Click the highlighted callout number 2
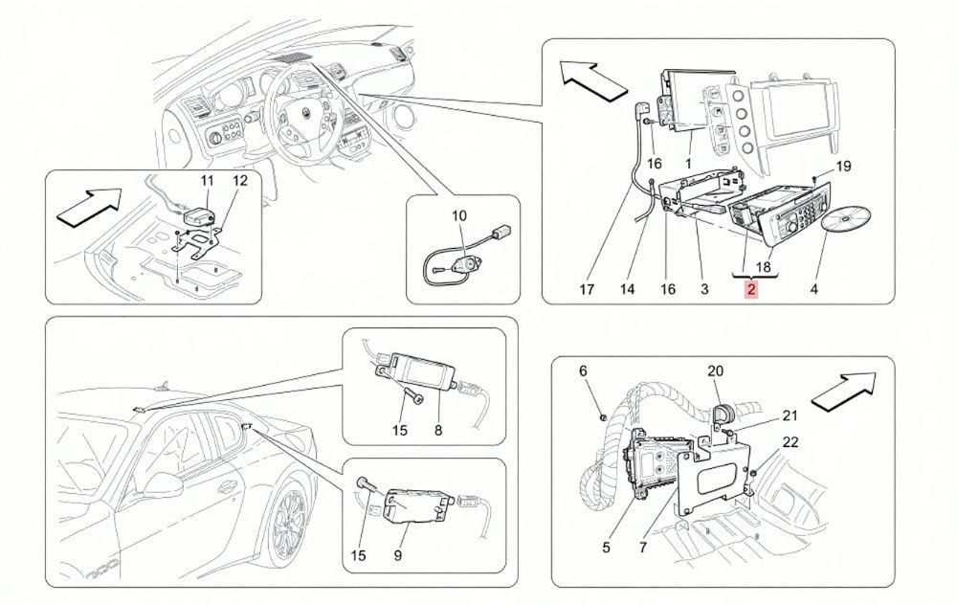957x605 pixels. pos(750,289)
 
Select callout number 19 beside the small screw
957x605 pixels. pos(843,166)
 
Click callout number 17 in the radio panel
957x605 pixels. pos(587,289)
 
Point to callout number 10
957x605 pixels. pos(459,215)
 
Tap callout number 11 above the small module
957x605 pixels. pos(208,180)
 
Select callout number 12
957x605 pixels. pos(240,180)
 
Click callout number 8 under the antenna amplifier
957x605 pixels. pos(438,431)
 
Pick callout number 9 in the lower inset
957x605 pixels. pos(398,555)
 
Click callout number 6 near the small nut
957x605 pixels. pos(583,370)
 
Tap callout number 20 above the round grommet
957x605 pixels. pos(715,370)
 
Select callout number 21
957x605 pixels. pos(790,415)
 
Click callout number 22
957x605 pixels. pos(790,441)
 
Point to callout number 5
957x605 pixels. pos(606,547)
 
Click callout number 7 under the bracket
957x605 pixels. pos(643,547)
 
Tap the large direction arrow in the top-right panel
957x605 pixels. pos(593,79)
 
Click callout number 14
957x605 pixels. pos(628,289)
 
